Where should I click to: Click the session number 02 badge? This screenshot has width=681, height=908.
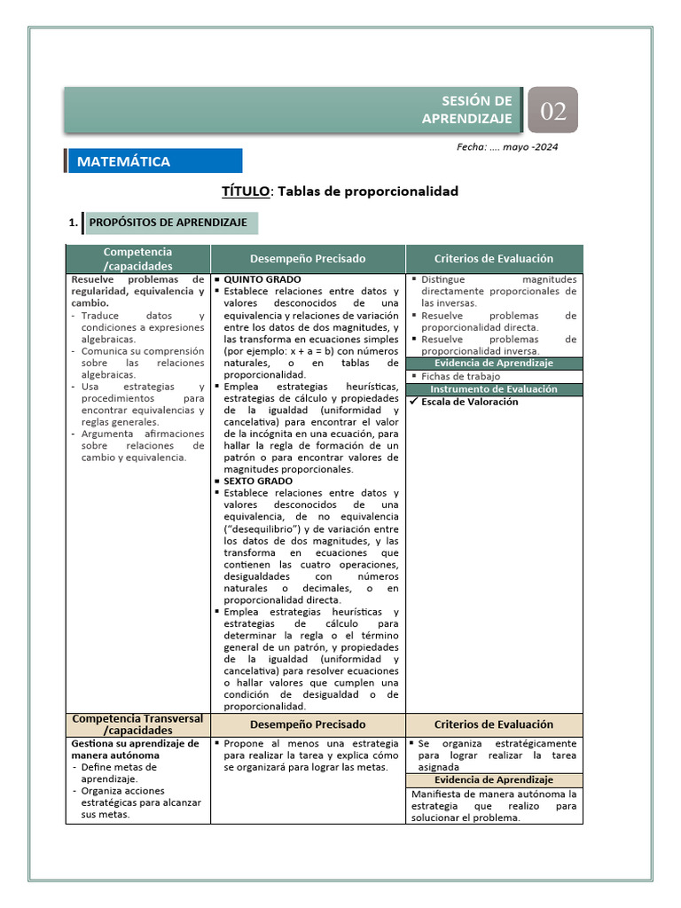553,111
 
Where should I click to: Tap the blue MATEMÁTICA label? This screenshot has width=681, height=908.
124,161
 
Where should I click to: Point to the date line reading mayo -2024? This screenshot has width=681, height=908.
507,147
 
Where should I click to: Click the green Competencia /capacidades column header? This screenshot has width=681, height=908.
137,259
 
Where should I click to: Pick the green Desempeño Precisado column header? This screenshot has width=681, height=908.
308,259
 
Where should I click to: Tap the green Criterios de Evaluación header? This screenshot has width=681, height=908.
494,259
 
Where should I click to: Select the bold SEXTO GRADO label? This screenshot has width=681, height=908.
258,481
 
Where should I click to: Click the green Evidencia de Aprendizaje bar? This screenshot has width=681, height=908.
494,364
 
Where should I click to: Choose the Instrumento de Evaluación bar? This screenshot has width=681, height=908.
494,389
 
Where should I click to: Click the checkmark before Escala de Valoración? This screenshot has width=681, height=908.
413,402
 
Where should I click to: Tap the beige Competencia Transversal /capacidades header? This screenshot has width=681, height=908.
137,724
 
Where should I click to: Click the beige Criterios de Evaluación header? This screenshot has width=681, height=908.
494,724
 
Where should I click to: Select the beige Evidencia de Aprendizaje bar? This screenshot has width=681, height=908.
494,779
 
